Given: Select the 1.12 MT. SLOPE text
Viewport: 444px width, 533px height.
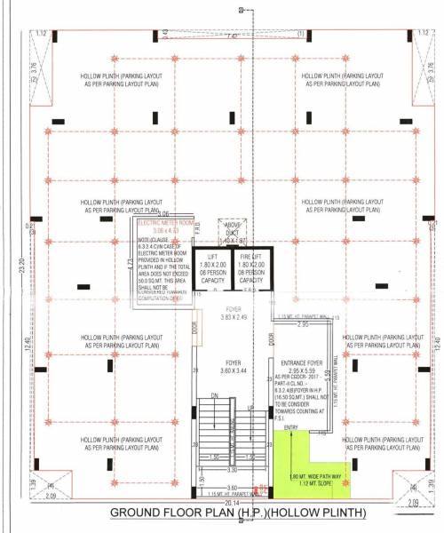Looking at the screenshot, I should (313, 485).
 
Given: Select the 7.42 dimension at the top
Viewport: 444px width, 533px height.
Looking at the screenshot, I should (232, 36).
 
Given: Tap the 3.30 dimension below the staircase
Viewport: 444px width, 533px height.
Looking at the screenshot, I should (232, 468).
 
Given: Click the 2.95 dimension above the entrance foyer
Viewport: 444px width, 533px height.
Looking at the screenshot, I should (302, 325).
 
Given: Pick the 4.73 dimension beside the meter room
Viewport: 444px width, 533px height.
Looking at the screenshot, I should (130, 264).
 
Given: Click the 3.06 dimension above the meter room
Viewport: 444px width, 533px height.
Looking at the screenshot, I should (163, 215).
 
